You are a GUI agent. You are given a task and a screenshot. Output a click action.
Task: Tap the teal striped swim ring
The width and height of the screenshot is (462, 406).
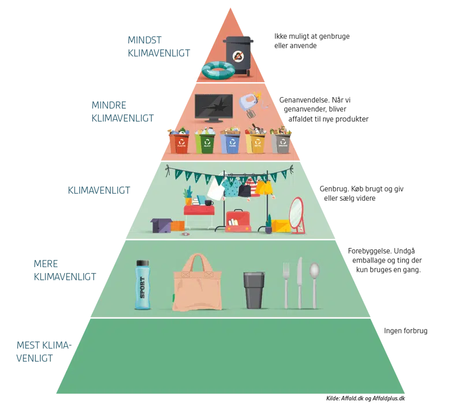pyautogui.click(x=218, y=71)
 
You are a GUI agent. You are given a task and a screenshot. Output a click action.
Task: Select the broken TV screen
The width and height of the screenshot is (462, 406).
pyautogui.click(x=214, y=106)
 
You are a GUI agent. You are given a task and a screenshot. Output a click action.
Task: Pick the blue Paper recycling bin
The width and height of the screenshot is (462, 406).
pyautogui.click(x=230, y=142)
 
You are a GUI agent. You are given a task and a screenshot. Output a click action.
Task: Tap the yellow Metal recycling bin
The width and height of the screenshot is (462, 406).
pyautogui.click(x=255, y=142)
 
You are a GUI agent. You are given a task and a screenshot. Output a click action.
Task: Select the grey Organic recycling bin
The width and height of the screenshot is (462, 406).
pyautogui.click(x=282, y=142)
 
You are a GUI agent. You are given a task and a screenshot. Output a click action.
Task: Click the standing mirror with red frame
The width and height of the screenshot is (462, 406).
pyautogui.click(x=297, y=215)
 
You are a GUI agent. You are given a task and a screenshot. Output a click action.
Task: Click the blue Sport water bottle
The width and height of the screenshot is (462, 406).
pyautogui.click(x=142, y=285)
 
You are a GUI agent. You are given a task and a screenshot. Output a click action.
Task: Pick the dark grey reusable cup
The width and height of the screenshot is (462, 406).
pyautogui.click(x=255, y=290)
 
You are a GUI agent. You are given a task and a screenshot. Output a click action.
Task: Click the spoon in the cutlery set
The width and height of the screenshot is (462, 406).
pyautogui.click(x=314, y=283)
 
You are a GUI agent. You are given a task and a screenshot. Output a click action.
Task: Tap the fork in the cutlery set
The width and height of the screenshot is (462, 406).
pyautogui.click(x=285, y=285)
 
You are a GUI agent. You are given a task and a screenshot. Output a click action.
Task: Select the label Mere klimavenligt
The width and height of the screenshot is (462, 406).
pyautogui.click(x=64, y=270)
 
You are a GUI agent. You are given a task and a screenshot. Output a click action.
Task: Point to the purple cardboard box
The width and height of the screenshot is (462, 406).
pyautogui.click(x=161, y=225)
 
